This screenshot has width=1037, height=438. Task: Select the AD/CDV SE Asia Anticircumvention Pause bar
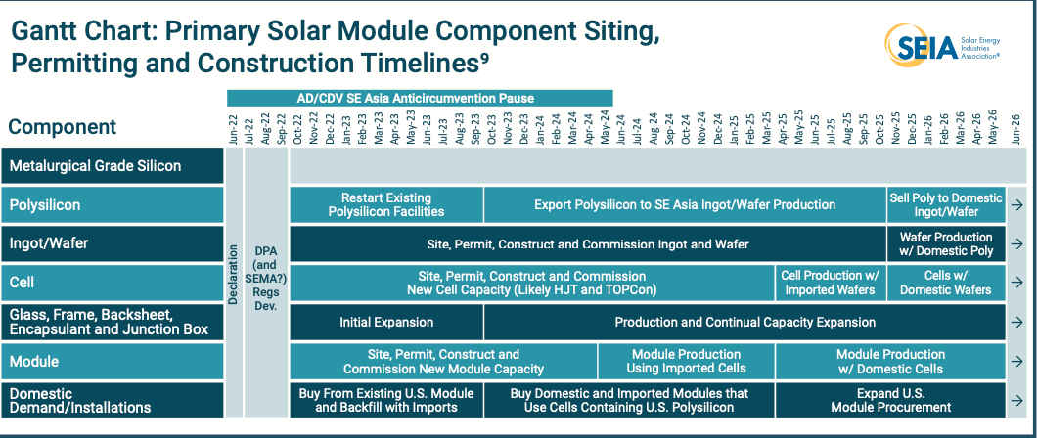tap(420, 99)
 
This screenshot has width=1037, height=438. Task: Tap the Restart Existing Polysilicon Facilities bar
tap(386, 204)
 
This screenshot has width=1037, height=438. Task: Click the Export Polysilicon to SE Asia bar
tap(685, 204)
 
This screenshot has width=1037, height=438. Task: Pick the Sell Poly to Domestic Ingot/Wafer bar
tap(946, 204)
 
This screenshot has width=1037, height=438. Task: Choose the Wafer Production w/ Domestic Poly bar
tap(946, 243)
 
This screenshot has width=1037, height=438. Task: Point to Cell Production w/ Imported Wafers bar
tap(831, 283)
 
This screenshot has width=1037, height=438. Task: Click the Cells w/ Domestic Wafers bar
tap(946, 283)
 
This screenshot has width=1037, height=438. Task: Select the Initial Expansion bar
tap(386, 323)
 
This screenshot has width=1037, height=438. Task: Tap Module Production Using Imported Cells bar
tap(686, 362)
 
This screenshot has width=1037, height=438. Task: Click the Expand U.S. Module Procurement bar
tap(891, 400)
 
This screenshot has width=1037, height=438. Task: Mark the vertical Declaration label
tap(234, 274)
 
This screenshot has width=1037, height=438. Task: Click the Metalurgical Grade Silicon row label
tap(95, 166)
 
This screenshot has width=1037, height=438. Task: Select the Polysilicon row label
tap(45, 204)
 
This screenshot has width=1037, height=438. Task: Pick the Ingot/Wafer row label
tap(49, 243)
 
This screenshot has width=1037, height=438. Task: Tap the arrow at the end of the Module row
tap(1016, 362)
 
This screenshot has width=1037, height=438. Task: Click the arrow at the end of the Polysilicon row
tap(1016, 204)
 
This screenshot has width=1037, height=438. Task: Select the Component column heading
tap(63, 127)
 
